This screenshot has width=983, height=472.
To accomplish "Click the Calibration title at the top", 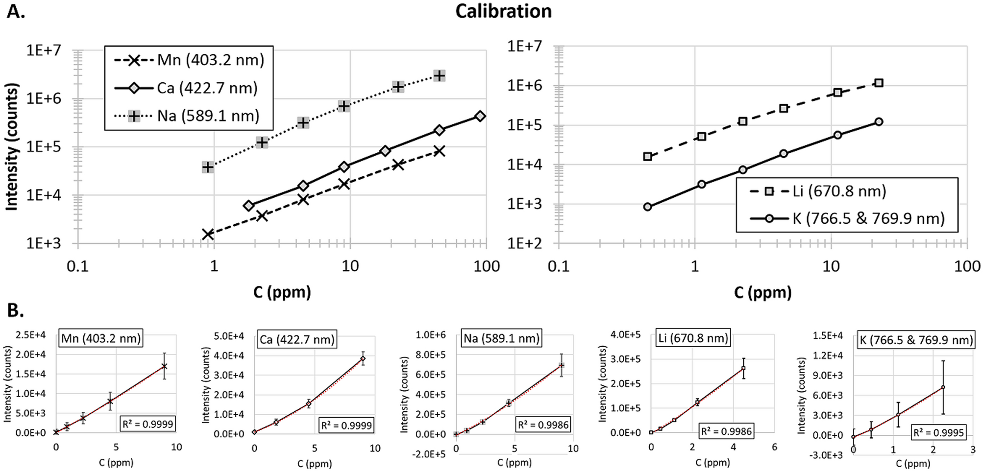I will (503, 11).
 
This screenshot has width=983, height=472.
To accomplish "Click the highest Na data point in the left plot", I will (440, 75).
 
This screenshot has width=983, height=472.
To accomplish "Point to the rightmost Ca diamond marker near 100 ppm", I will (480, 116).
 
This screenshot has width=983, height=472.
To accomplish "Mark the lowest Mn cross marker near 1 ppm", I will (208, 234).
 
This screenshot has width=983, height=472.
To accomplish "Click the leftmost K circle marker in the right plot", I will (647, 207).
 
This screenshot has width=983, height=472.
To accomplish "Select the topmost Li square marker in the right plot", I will (879, 83).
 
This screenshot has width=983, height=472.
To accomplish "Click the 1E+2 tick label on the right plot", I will (524, 243).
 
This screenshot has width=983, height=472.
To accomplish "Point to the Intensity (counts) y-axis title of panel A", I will (12, 147).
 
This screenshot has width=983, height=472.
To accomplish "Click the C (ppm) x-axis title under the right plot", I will (762, 293).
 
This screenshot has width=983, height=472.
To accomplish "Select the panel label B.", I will (15, 310).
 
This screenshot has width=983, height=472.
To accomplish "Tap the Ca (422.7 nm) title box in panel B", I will (297, 339).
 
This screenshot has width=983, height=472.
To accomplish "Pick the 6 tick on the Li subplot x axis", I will (774, 447).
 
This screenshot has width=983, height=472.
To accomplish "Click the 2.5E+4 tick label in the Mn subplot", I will (30, 335).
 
